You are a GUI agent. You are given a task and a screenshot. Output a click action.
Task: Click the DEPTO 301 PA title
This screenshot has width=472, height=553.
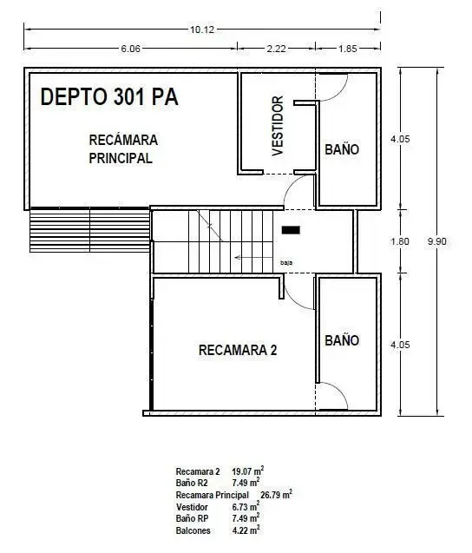109,96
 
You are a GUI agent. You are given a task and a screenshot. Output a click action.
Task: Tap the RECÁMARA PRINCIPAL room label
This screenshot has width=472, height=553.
123,149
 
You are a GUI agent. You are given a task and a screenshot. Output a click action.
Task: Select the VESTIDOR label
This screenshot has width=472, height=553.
278,126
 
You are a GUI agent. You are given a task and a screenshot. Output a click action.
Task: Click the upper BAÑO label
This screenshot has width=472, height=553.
342,149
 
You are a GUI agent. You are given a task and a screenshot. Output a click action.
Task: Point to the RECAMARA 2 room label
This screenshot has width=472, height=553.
238,350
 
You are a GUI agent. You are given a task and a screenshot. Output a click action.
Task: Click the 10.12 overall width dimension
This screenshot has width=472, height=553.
202,30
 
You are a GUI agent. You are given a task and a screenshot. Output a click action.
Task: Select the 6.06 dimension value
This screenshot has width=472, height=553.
130,49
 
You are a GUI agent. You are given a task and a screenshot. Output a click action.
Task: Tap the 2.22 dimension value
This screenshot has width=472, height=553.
276,49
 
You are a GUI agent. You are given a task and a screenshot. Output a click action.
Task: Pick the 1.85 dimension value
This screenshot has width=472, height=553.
348,49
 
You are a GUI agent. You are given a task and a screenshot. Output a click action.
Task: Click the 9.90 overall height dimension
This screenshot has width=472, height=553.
437,241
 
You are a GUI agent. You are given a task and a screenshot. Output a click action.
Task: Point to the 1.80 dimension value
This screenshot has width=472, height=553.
400,241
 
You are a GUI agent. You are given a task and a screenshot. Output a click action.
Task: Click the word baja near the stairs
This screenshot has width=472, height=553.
286,263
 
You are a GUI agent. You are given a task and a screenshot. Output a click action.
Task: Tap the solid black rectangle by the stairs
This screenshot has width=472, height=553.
291,230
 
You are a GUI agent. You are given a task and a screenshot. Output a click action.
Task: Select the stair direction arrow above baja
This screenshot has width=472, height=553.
253,258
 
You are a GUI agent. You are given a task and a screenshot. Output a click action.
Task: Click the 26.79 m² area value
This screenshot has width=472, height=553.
277,495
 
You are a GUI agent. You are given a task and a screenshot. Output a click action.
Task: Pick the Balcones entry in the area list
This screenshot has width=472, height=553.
193,530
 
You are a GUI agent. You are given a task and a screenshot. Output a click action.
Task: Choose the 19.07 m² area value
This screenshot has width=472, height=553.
248,471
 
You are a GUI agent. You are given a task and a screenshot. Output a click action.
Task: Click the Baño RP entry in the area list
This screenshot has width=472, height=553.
192,518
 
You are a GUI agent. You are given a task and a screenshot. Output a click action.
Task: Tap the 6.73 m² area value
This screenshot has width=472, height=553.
246,506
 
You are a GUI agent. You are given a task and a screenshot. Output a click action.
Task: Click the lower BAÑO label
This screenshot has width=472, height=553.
342,340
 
